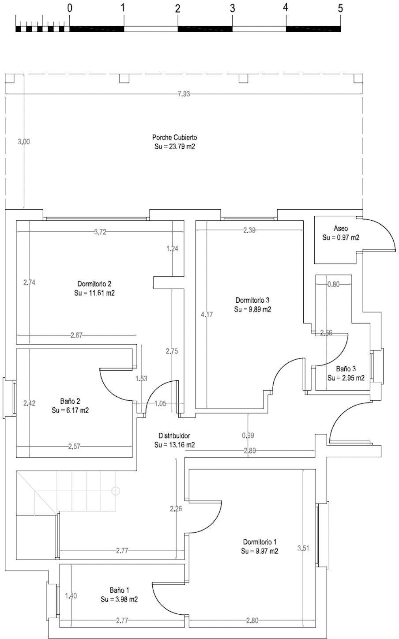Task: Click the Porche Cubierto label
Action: point(174,137)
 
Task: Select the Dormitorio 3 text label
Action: point(252,301)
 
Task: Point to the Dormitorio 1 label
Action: point(260,541)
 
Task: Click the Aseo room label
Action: point(341,229)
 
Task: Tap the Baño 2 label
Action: point(70,401)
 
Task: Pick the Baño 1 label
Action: point(119,590)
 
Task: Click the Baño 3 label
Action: point(346,368)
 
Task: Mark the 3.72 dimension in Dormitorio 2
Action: point(100,232)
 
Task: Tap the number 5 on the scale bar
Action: point(340,8)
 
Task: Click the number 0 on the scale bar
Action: point(69,8)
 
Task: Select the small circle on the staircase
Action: point(116,490)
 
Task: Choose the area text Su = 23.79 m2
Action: point(174,147)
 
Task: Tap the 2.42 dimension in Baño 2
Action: point(29,402)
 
